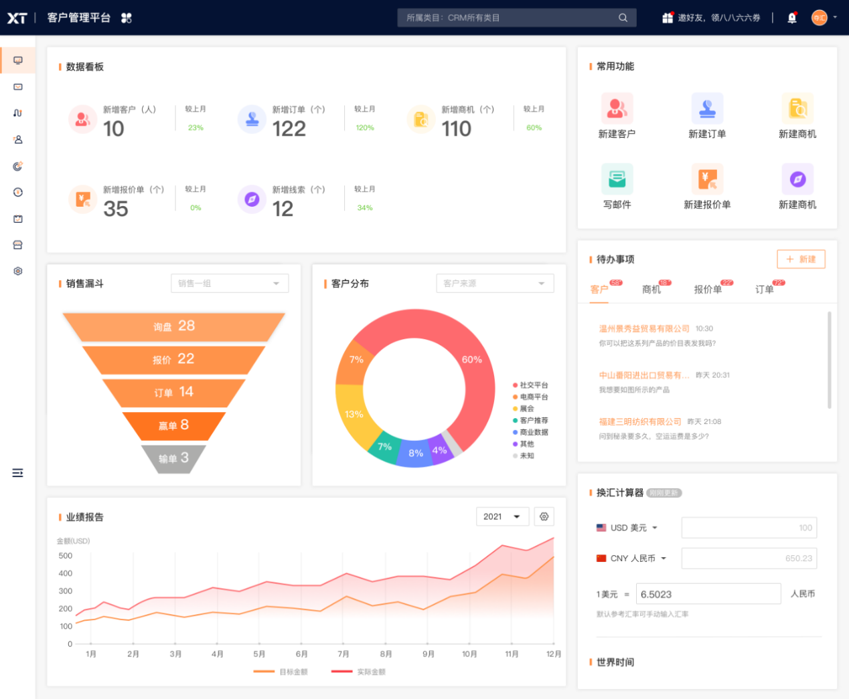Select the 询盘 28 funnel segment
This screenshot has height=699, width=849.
coord(173,326)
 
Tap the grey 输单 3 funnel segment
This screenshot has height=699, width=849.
coord(173,459)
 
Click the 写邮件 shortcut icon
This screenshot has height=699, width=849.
coord(617,179)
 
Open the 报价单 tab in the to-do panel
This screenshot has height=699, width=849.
coord(708,290)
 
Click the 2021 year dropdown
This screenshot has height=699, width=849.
coord(502,516)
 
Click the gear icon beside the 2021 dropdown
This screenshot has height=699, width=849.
coord(544,516)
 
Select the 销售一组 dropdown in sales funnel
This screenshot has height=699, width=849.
coord(230,284)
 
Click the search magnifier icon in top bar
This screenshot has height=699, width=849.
coord(623,18)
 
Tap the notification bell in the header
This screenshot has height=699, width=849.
coord(792,18)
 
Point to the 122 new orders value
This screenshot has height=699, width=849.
coord(289,128)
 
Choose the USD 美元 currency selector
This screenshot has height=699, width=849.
coord(628,528)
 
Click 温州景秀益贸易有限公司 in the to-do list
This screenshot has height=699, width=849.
coord(644,328)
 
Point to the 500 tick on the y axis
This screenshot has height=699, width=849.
coord(66,556)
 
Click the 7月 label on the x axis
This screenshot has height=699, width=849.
coord(343,654)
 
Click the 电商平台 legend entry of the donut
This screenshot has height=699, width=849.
coord(533,397)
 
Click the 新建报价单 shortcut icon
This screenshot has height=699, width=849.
coord(707,179)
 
